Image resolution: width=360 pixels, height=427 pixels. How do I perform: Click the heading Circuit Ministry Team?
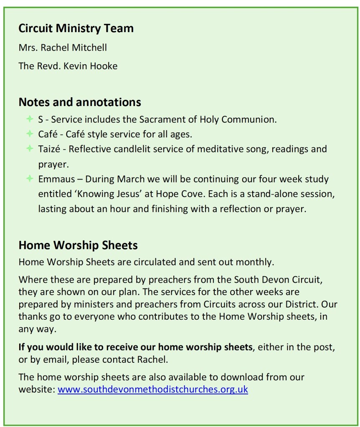point(76,28)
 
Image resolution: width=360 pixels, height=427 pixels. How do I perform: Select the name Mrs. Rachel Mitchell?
point(63,48)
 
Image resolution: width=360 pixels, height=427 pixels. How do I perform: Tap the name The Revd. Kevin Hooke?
point(68,66)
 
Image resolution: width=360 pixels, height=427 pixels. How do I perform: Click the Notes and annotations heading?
point(80,102)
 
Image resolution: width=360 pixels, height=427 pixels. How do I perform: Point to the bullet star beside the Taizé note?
point(30,149)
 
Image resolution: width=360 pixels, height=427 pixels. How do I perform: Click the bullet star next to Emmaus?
point(30,179)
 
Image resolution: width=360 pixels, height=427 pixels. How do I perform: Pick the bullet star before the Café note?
point(30,134)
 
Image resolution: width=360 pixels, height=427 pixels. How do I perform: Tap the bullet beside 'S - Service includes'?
point(30,119)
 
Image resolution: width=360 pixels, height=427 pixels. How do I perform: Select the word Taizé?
point(51,149)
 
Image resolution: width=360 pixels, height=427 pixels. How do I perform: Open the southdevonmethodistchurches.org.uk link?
point(153,389)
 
